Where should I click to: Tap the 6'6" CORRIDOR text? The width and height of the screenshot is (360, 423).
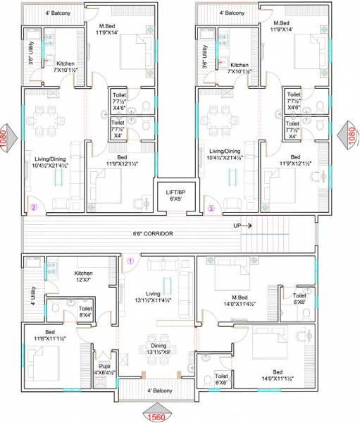pyautogui.click(x=153, y=233)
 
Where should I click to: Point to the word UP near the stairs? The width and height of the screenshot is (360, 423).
pyautogui.click(x=238, y=226)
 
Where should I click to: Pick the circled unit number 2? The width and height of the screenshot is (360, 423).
pyautogui.click(x=33, y=207)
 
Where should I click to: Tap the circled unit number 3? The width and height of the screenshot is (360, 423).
pyautogui.click(x=211, y=207)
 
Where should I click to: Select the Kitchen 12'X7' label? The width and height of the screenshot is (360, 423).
pyautogui.click(x=84, y=276)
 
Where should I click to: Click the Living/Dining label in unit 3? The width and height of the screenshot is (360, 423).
pyautogui.click(x=223, y=155)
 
